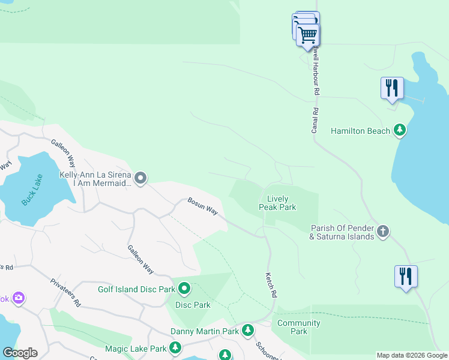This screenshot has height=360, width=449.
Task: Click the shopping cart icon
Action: pyautogui.click(x=307, y=35)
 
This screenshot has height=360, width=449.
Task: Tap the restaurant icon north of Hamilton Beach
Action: pyautogui.click(x=392, y=88)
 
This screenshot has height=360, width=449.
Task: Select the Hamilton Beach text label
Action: pyautogui.click(x=361, y=130)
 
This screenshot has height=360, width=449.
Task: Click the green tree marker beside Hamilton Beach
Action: pyautogui.click(x=400, y=130)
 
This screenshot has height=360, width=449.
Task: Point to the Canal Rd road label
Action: pyautogui.click(x=315, y=119)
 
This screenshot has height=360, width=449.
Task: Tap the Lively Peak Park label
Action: pyautogui.click(x=277, y=203)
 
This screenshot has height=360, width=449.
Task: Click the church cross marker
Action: pyautogui.click(x=383, y=231)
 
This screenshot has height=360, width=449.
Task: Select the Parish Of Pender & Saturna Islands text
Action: pyautogui.click(x=342, y=232)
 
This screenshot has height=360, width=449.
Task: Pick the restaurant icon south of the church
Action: pyautogui.click(x=406, y=276)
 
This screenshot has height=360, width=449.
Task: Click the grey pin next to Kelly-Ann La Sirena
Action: pyautogui.click(x=140, y=178)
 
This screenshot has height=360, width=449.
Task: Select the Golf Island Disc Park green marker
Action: pyautogui.click(x=185, y=289)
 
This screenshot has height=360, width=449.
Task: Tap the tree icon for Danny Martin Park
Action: pyautogui.click(x=248, y=331)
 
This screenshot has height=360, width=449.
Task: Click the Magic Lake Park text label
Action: pyautogui.click(x=135, y=349)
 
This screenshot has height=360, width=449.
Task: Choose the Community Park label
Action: pyautogui.click(x=298, y=327)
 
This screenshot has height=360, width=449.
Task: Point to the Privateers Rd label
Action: pyautogui.click(x=65, y=293)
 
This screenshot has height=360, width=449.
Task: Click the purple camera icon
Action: pyautogui.click(x=18, y=298)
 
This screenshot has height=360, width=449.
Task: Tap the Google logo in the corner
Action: pyautogui.click(x=20, y=353)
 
